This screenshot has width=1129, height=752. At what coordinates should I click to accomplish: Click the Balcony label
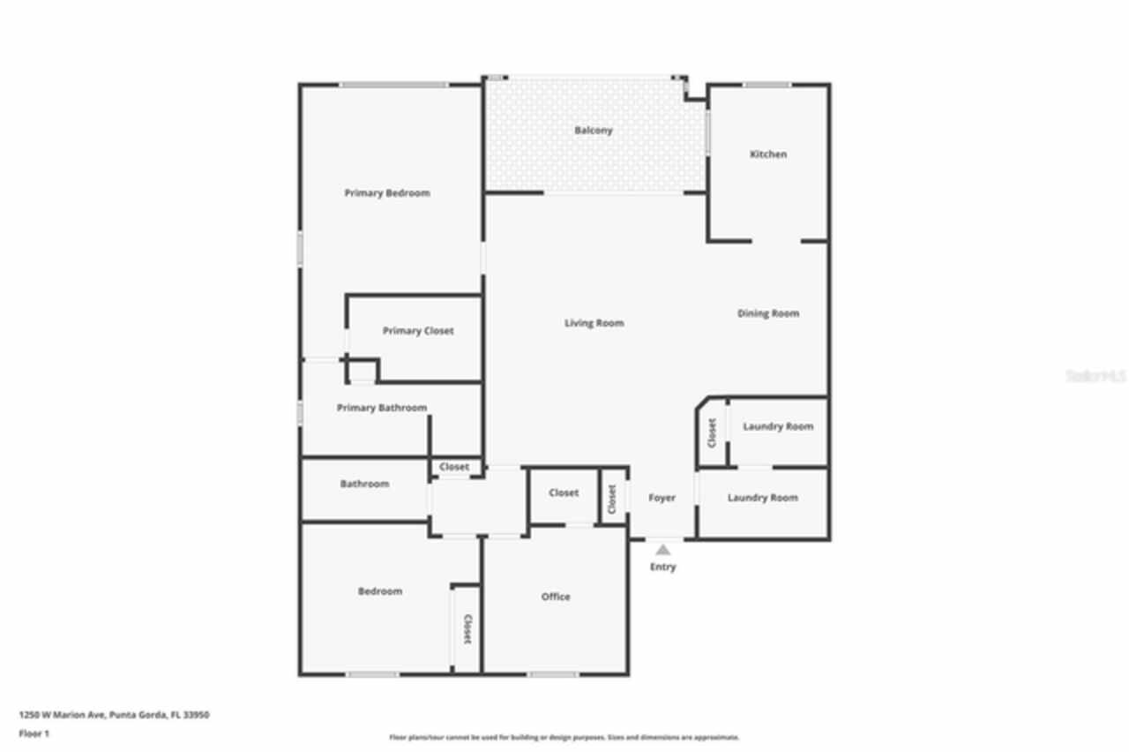click(593, 131)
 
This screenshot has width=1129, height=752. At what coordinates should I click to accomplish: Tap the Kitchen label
click(767, 154)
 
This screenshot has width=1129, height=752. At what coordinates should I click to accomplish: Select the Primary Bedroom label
click(387, 193)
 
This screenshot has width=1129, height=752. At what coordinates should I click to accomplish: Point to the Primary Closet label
click(418, 331)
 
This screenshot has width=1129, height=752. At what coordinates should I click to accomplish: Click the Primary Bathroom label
click(382, 408)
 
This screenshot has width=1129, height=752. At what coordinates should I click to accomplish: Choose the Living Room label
click(594, 323)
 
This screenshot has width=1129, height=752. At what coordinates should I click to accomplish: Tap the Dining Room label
click(768, 313)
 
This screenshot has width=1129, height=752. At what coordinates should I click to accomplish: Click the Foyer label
click(662, 498)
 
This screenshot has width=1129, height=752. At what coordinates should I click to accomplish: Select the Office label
click(556, 597)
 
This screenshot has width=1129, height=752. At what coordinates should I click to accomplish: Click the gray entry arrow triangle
click(662, 550)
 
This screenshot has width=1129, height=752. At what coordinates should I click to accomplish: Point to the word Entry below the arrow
click(662, 567)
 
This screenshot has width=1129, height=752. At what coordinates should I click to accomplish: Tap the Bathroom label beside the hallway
click(364, 484)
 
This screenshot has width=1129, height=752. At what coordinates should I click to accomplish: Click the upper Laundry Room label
click(778, 426)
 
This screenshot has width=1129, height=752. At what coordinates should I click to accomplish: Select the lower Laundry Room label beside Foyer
click(763, 498)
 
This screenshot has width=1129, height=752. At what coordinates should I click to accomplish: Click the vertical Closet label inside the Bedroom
click(467, 629)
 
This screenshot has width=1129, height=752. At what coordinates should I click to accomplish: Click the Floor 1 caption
click(34, 733)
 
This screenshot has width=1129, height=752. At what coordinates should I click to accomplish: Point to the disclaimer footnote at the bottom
click(564, 737)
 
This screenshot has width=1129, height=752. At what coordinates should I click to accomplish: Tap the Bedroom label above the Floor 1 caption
click(380, 591)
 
